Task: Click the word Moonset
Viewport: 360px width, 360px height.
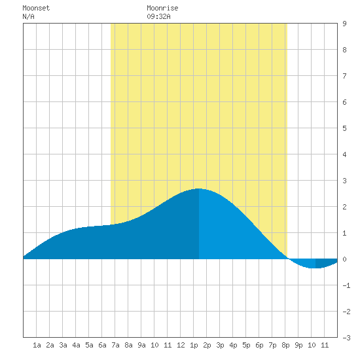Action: pos(36,8)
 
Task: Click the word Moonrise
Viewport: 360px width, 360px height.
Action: pos(162,8)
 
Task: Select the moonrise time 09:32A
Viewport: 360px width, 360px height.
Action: pos(158,16)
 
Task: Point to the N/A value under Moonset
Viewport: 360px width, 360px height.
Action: pos(28,16)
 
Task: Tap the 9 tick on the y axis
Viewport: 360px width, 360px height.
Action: pos(344,24)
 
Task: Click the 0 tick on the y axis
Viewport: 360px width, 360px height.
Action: pos(344,259)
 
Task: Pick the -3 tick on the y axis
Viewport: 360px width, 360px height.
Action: pos(346,338)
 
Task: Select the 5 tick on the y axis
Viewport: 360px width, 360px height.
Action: pos(344,128)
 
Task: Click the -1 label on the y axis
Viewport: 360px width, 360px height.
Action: pos(346,285)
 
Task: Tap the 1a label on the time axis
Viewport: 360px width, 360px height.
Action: pos(37,345)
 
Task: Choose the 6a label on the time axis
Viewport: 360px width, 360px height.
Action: pos(102,345)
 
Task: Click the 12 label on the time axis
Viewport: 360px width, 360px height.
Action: pos(181,345)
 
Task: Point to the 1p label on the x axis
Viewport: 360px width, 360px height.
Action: pos(194,345)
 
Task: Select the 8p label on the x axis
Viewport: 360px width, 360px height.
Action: pos(285,345)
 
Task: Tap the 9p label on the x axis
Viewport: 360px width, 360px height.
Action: pos(298,345)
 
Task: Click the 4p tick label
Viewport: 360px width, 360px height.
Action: pos(233,345)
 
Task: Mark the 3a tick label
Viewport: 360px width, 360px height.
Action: pos(63,345)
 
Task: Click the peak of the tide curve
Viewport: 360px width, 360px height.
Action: pos(199,189)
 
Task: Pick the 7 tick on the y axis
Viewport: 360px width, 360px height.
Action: pos(344,76)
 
